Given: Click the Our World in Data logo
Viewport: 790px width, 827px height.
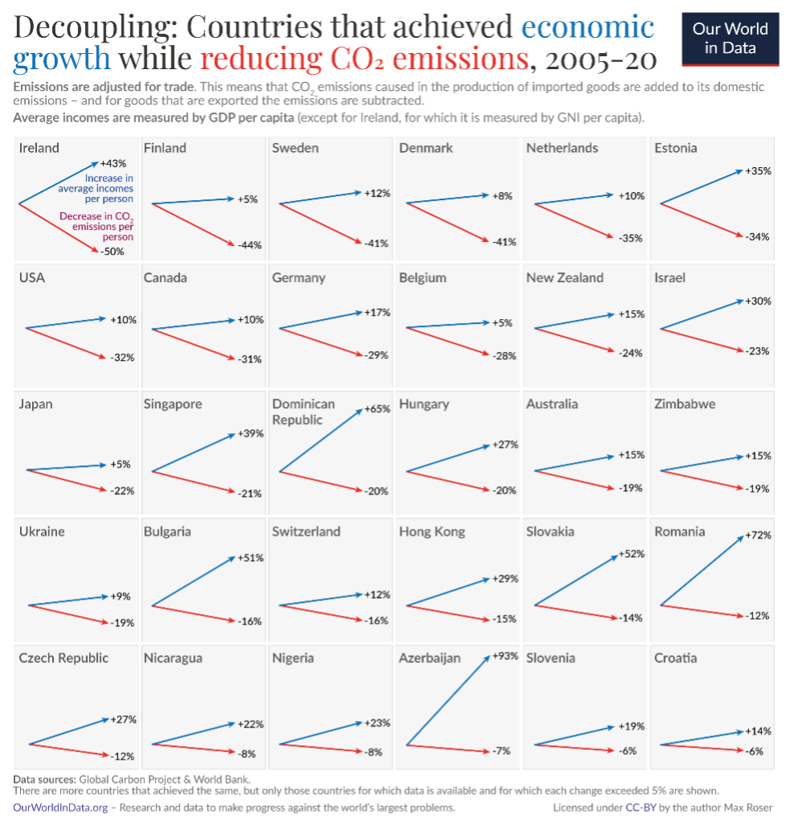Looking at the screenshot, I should pyautogui.click(x=730, y=38).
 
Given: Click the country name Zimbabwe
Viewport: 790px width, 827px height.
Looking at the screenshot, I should pyautogui.click(x=685, y=404).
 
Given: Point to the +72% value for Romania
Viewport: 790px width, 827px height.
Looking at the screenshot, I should pyautogui.click(x=758, y=535).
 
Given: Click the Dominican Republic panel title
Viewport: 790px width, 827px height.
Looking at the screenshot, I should pyautogui.click(x=303, y=411).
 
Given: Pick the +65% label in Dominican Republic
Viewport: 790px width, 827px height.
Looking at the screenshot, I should pyautogui.click(x=377, y=409).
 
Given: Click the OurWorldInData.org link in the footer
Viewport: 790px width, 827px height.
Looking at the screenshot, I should pyautogui.click(x=60, y=807).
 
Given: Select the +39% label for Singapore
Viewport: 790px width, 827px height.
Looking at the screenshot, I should pyautogui.click(x=250, y=434).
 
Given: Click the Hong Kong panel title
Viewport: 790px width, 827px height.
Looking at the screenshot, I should pyautogui.click(x=432, y=531).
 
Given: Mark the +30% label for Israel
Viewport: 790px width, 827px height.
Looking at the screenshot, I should pyautogui.click(x=758, y=301).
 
